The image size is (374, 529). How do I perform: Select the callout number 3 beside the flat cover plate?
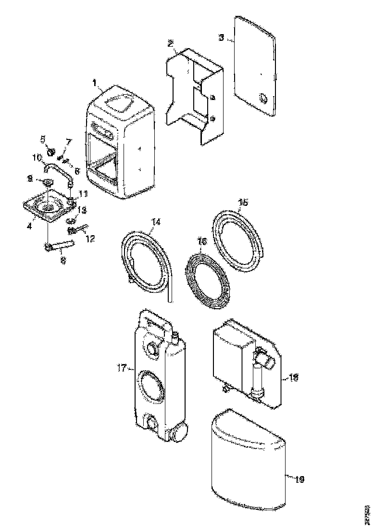coord(221,37)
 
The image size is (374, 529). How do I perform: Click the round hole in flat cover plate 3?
coord(262,98)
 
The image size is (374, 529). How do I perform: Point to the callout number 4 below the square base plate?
coord(29,225)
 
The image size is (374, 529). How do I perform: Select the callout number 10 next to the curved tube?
coord(37,157)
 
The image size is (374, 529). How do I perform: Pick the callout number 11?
coord(83,194)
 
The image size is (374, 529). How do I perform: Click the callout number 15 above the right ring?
coord(244,202)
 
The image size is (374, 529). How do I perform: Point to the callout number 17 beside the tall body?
coord(121,368)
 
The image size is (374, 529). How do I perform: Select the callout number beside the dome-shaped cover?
coord(298,479)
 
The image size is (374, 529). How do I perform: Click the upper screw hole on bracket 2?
coord(212,98)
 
